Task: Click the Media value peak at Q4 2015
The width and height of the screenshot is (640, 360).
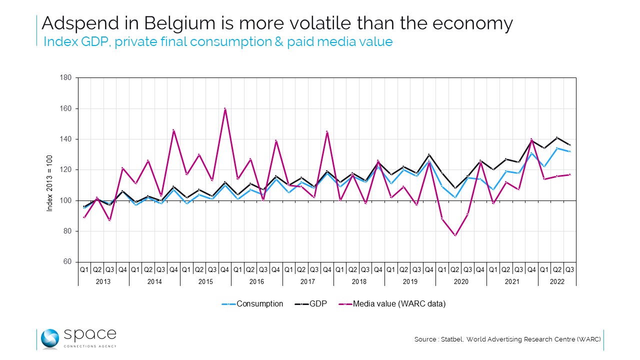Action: (x=225, y=108)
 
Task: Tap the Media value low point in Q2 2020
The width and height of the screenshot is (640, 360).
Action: (x=454, y=235)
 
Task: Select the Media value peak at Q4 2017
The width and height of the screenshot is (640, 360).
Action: (x=327, y=131)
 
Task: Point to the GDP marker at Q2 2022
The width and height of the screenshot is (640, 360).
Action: (x=556, y=137)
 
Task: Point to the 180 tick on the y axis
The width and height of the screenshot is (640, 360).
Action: (x=66, y=78)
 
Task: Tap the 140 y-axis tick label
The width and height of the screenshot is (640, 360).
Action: (x=66, y=139)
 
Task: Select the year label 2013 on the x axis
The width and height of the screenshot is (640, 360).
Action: (x=103, y=281)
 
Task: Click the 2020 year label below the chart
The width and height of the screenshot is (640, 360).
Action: (x=460, y=281)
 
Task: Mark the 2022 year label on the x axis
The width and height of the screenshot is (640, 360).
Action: (x=556, y=281)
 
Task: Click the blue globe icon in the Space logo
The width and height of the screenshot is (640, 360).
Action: (x=50, y=338)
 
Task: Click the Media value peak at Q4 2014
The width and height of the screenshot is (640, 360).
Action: (x=173, y=130)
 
